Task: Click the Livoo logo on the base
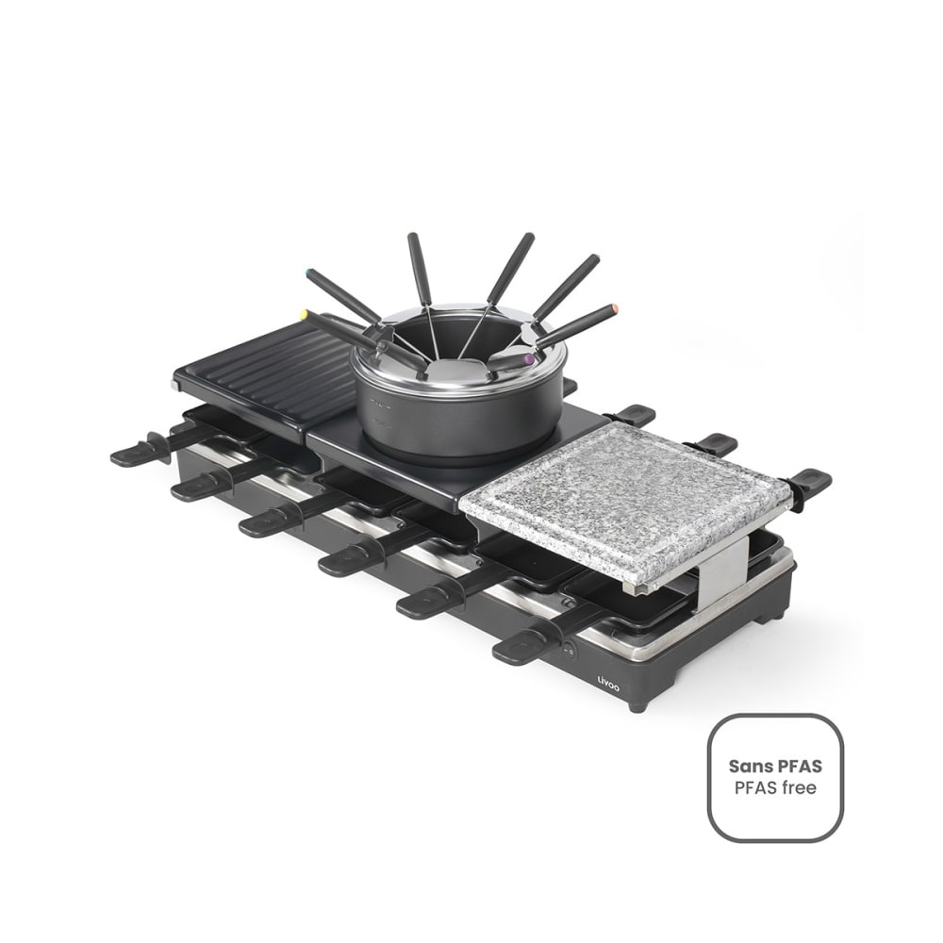pos(608,683)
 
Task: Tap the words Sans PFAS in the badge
pos(774,766)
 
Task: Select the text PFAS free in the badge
pos(775,787)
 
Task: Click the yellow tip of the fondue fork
pos(305,315)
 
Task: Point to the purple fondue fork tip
pos(529,359)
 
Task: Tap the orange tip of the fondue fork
pos(615,309)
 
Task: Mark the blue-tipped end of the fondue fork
pos(309,273)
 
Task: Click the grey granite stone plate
pos(625,504)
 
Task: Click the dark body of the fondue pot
pos(458,415)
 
